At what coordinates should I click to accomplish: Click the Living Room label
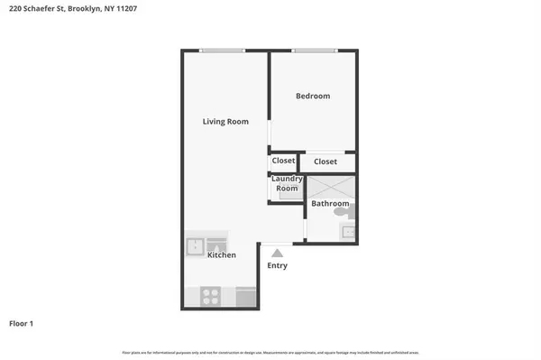pyautogui.click(x=225, y=122)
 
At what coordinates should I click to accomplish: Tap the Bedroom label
pyautogui.click(x=313, y=96)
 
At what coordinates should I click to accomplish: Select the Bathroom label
pyautogui.click(x=330, y=204)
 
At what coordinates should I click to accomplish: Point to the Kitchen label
pyautogui.click(x=222, y=255)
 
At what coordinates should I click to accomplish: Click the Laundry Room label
pyautogui.click(x=287, y=184)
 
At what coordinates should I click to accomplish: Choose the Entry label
pyautogui.click(x=277, y=266)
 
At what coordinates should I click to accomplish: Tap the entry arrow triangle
pyautogui.click(x=277, y=254)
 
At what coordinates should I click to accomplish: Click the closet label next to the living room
pyautogui.click(x=283, y=161)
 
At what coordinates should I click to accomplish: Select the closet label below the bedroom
pyautogui.click(x=326, y=162)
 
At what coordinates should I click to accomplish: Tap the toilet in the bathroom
pyautogui.click(x=351, y=211)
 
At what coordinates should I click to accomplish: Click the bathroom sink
pyautogui.click(x=348, y=232)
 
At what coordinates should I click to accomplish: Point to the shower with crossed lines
pyautogui.click(x=331, y=187)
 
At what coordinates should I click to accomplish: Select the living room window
pyautogui.click(x=223, y=51)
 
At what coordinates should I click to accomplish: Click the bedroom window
pyautogui.click(x=314, y=51)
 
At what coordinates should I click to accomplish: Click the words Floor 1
pyautogui.click(x=22, y=323)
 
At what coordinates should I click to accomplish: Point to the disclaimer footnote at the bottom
pyautogui.click(x=270, y=352)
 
